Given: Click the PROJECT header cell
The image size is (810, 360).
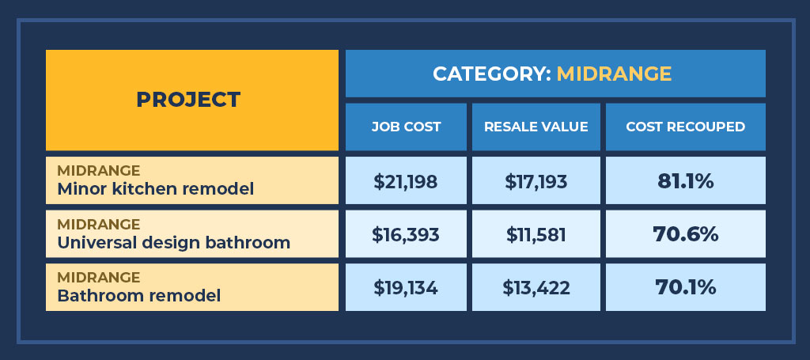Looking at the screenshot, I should click(x=188, y=100).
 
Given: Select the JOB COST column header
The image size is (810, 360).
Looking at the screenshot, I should click(x=406, y=127).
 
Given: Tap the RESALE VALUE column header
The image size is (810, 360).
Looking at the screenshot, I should click(x=536, y=127).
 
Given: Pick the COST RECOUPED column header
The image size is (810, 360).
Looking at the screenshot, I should click(x=685, y=127).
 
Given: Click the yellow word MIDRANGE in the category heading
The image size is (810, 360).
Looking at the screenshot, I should click(x=614, y=74).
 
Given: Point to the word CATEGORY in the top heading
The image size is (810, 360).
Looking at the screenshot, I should click(x=491, y=74).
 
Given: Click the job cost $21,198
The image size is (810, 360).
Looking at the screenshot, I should click(x=406, y=181).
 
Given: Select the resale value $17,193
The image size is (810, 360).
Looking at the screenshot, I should click(x=536, y=181).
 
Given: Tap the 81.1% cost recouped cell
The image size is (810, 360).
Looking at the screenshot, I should click(x=685, y=181).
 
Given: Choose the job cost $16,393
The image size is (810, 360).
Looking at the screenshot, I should click(x=406, y=234).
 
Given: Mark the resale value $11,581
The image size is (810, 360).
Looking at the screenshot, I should click(x=536, y=234).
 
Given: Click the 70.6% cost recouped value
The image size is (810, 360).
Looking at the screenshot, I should click(x=685, y=234).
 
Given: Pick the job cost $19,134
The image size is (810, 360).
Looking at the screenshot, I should click(x=406, y=287).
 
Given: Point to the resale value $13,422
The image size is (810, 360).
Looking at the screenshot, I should click(x=536, y=287).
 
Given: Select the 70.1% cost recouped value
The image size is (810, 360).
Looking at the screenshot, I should click(x=685, y=287).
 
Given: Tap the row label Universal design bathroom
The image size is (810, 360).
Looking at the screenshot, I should click(x=173, y=242).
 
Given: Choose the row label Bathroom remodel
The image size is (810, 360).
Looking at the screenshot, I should click(x=138, y=295).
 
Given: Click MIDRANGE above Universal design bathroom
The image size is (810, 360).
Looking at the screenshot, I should click(x=99, y=224).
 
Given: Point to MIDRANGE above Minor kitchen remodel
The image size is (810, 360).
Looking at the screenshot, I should click(x=99, y=171).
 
